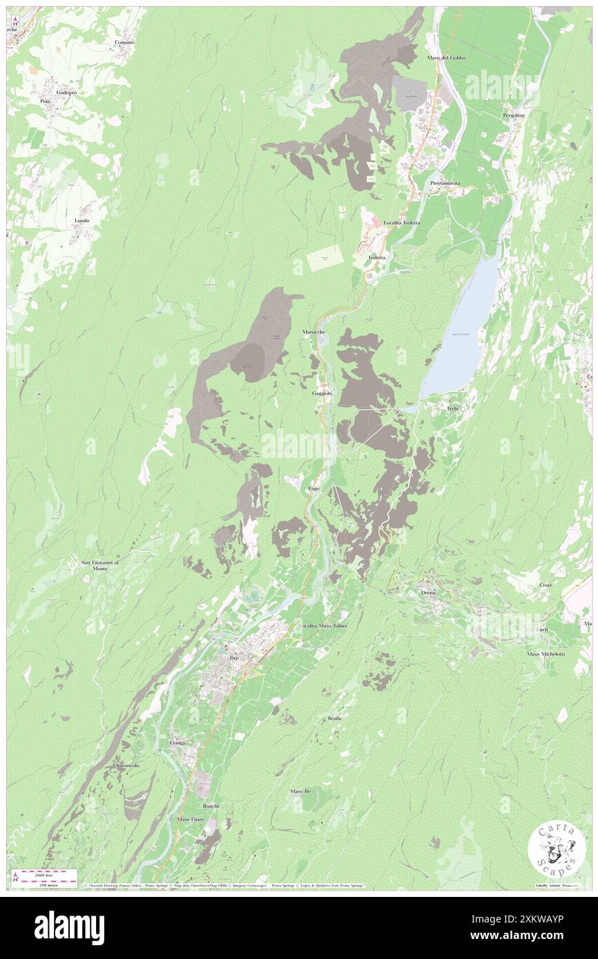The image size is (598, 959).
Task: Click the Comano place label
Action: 124,42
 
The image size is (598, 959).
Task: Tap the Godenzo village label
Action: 66,92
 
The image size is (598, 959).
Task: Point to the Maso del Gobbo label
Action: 446,57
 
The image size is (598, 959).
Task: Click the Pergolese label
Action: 514,115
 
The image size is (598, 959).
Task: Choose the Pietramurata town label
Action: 445,183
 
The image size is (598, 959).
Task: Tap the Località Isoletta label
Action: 402,223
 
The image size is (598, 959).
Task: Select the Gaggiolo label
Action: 322,393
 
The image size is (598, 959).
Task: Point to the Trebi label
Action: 453,408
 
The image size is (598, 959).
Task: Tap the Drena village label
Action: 428,592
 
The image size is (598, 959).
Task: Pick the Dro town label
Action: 233,659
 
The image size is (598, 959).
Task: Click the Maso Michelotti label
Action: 546,653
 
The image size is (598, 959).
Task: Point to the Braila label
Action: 334,718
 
